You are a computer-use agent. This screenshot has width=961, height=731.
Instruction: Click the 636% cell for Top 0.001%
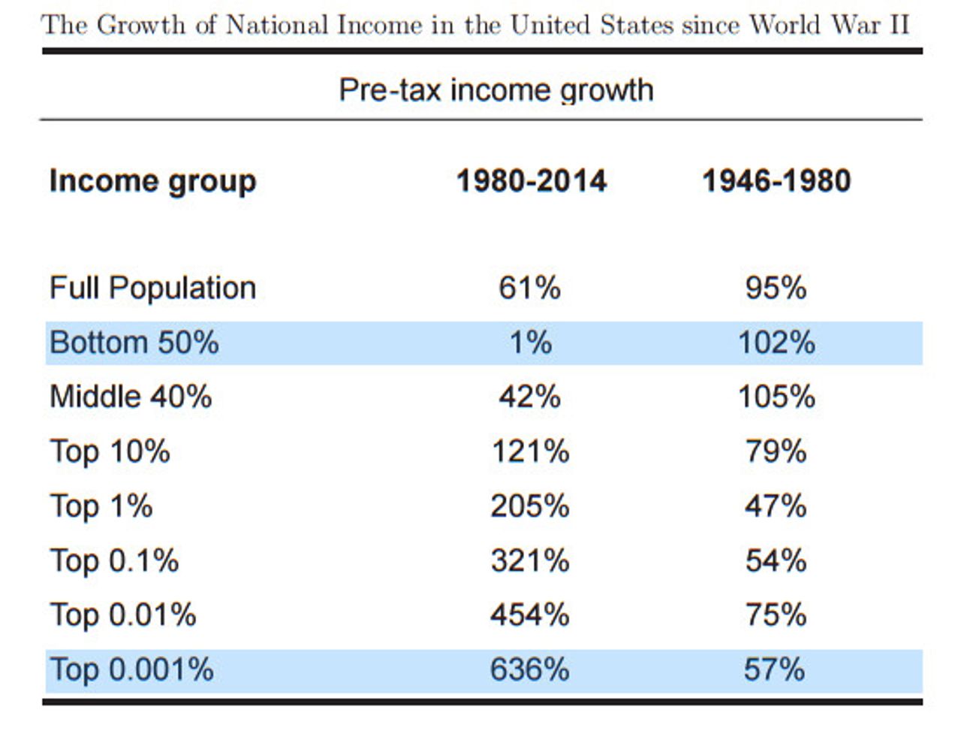point(529,669)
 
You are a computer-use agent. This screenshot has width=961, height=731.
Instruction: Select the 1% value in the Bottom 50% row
point(531,343)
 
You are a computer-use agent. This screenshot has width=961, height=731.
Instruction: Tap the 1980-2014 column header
point(531,181)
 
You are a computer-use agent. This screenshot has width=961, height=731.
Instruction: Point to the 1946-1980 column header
point(776,181)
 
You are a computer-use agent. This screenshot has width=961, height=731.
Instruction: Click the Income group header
point(152,182)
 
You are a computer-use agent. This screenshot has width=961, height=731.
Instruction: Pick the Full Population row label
point(152,288)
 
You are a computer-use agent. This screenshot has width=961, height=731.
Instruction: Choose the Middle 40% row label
point(131,397)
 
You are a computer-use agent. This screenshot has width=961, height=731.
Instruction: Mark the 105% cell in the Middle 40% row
point(776,397)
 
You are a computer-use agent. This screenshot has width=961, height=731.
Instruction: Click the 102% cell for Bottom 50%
point(776,343)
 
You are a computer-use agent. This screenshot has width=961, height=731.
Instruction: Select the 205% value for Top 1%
point(530,506)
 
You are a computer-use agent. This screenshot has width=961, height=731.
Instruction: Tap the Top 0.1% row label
point(114,560)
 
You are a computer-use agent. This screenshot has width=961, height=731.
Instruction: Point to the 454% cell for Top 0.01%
point(530,615)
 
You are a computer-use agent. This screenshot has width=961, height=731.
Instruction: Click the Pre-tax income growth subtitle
point(496,90)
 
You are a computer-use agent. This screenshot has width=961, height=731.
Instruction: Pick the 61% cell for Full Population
point(529,288)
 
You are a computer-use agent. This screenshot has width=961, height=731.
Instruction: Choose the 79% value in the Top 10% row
point(776,452)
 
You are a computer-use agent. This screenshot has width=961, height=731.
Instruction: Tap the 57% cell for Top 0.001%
point(775,669)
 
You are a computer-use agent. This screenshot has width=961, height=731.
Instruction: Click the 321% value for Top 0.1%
point(530,560)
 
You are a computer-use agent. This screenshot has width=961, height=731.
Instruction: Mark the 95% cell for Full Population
point(776,288)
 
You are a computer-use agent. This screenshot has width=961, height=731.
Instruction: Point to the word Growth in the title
point(141,25)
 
